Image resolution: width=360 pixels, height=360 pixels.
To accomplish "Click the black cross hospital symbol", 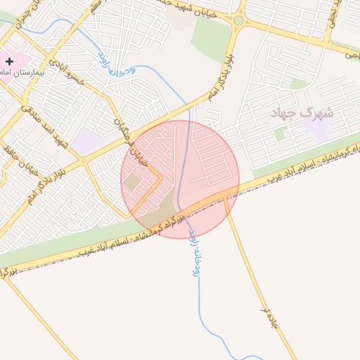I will point(9,62).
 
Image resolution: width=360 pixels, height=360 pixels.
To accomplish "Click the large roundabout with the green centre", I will point(238,20).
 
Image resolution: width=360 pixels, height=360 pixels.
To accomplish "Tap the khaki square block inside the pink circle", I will point(132,184).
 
